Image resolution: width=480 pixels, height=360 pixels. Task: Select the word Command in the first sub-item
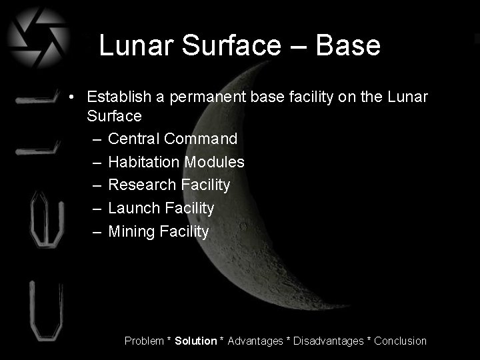(201, 139)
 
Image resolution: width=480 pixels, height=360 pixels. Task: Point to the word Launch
(133, 208)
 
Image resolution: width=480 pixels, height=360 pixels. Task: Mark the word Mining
(130, 232)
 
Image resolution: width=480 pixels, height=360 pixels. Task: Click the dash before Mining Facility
(97, 232)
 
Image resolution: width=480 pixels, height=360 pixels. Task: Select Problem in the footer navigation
(144, 341)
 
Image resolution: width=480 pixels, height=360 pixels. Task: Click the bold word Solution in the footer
(196, 341)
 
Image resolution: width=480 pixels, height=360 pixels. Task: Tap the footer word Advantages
(255, 341)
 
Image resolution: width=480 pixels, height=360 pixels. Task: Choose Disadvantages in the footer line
(329, 341)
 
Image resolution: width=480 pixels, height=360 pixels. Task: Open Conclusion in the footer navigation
(400, 341)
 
